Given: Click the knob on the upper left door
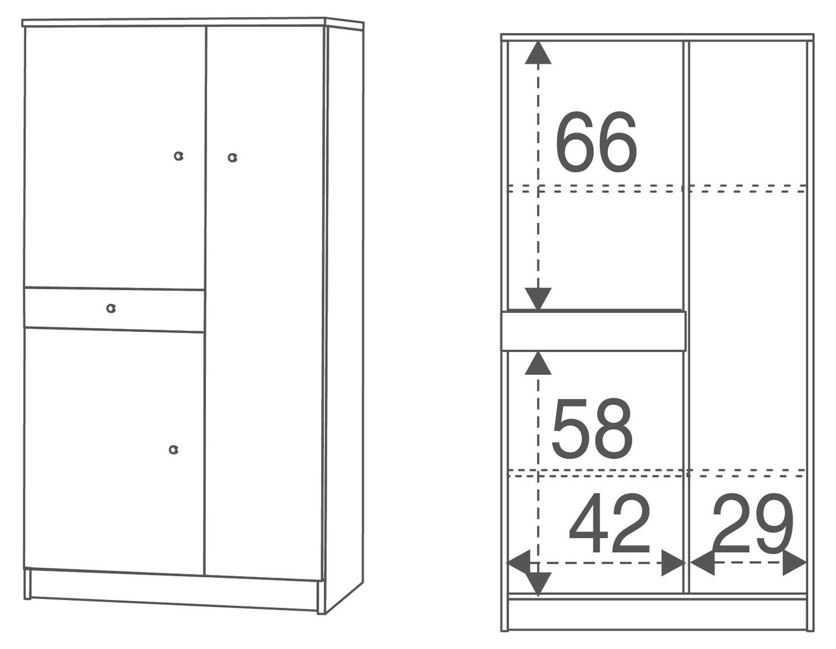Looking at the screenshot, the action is pos(178,156).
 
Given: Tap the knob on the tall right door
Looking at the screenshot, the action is pos(232,158).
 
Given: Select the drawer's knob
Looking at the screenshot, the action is pos(111,308).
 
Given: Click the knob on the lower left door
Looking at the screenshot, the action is pos(174,449).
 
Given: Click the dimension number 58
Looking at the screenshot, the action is pos(592,427).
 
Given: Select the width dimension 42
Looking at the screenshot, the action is pos(609,523).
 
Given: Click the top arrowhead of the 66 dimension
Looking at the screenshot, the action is pos(538,53).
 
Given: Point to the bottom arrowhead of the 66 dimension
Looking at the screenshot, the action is pos(538,298).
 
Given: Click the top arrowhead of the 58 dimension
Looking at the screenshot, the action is pos(538,363).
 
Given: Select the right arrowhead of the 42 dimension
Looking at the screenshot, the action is pos(673,563).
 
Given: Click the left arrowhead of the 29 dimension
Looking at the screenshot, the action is pos(702,563).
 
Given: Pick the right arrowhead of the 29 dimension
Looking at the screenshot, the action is pos(794,563).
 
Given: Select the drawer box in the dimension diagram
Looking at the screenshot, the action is pos(593,331).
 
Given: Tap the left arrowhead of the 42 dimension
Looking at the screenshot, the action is pos(519,563).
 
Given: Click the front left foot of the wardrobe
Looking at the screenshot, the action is pos(27,584).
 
